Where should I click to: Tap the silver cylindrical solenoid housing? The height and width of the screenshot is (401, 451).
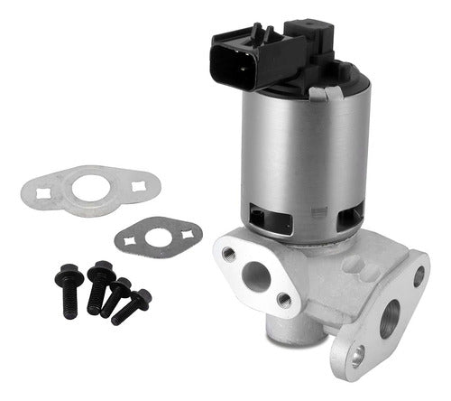click(x=298, y=154)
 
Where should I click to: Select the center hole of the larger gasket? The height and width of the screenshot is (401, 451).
click(x=91, y=189)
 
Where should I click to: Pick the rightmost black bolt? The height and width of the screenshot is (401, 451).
click(x=133, y=306)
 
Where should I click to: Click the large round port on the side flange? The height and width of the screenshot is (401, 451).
click(x=390, y=319)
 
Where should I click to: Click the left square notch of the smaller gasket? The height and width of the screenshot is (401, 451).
click(x=131, y=242)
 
